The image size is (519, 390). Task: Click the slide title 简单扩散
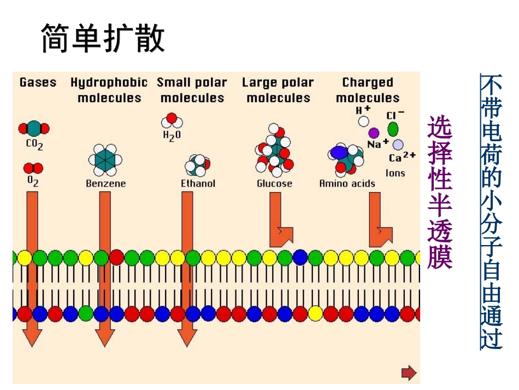pyautogui.click(x=103, y=39)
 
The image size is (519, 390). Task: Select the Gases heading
pyautogui.click(x=38, y=83)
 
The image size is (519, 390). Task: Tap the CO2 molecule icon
pyautogui.click(x=34, y=129)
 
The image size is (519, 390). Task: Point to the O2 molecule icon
pyautogui.click(x=33, y=168)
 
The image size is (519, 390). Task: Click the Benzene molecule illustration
pyautogui.click(x=105, y=159)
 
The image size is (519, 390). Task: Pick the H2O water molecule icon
pyautogui.click(x=172, y=121)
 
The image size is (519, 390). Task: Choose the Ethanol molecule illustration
pyautogui.click(x=198, y=164)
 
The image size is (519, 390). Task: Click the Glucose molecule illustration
pyautogui.click(x=274, y=150)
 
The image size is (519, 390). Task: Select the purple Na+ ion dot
pyautogui.click(x=374, y=132)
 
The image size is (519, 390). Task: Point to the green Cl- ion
pyautogui.click(x=393, y=129)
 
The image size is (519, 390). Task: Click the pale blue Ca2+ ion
pyautogui.click(x=398, y=144)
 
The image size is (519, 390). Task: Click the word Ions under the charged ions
pyautogui.click(x=395, y=173)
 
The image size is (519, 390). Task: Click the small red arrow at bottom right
pyautogui.click(x=409, y=373)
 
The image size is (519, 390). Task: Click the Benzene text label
pyautogui.click(x=105, y=184)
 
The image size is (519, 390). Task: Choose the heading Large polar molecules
pyautogui.click(x=278, y=90)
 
